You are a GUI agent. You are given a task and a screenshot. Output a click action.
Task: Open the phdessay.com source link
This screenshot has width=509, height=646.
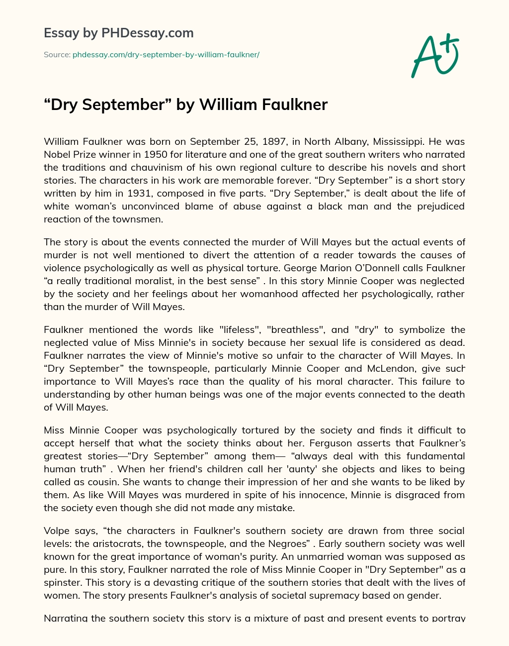click(x=166, y=55)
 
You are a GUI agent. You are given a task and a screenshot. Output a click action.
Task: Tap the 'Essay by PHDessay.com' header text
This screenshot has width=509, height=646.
click(x=119, y=33)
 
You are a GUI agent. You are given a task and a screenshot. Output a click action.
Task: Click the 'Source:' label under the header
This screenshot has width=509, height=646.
click(x=57, y=55)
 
